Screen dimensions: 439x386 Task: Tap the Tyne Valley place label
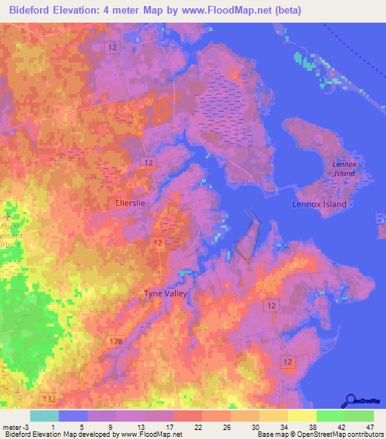(x=165, y=294)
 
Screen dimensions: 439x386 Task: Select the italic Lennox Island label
(x=343, y=168)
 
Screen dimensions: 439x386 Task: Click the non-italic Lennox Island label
(x=320, y=204)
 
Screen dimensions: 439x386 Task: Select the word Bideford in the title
(x=31, y=11)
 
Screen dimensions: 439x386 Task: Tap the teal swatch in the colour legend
(x=44, y=416)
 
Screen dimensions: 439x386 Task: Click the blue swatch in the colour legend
(x=73, y=416)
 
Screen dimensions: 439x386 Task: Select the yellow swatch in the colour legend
(x=302, y=416)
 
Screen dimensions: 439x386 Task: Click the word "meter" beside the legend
(x=10, y=426)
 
